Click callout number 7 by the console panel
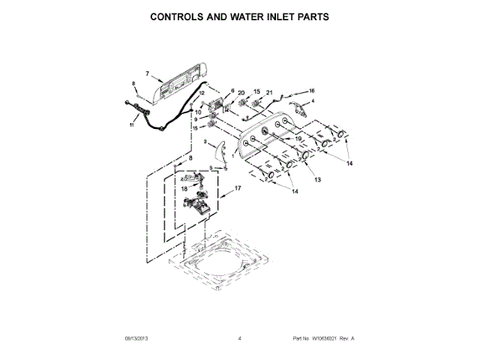click(x=148, y=73)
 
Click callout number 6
click(x=223, y=90)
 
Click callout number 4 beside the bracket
click(x=313, y=100)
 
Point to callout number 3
click(x=205, y=141)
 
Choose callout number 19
click(x=298, y=139)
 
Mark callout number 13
click(x=316, y=180)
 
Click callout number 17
click(x=238, y=188)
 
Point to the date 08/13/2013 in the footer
click(x=133, y=339)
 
